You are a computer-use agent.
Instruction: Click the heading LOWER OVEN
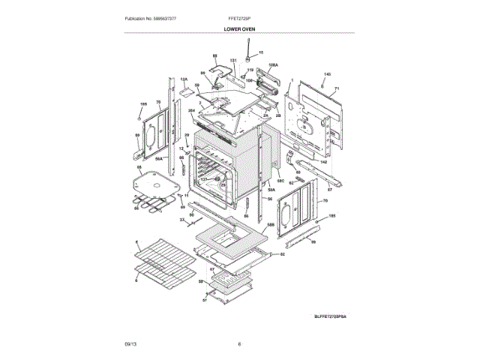[x=239, y=28]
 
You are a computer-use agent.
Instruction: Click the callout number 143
[x=326, y=73]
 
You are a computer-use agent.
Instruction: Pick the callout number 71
[x=337, y=88]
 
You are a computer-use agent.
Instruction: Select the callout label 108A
[x=273, y=65]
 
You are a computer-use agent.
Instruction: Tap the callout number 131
[x=233, y=59]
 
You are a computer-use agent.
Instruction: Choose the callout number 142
[x=324, y=162]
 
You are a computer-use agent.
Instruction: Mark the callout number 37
[x=181, y=219]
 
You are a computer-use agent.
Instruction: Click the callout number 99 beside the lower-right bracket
[x=313, y=241]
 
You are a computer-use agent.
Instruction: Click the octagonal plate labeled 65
[x=158, y=181]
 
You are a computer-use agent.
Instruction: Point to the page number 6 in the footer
[x=239, y=343]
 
